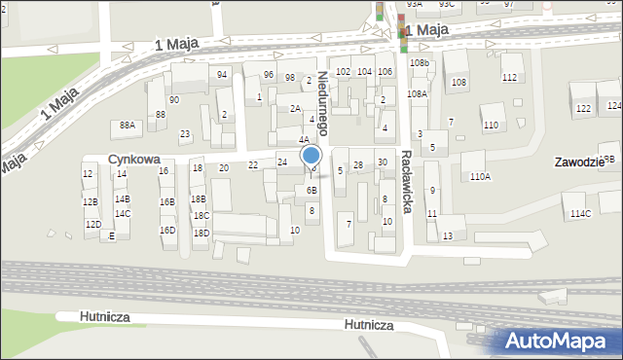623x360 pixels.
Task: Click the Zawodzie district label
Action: pyautogui.click(x=582, y=162)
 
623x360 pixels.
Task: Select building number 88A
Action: pyautogui.click(x=128, y=126)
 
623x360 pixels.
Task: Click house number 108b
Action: pyautogui.click(x=420, y=62)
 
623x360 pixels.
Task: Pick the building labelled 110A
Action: pyautogui.click(x=480, y=177)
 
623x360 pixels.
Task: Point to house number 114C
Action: pyautogui.click(x=580, y=213)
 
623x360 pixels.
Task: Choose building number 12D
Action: pyautogui.click(x=92, y=225)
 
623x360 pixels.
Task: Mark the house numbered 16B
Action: pyautogui.click(x=166, y=202)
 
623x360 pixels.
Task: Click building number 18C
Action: pyautogui.click(x=201, y=216)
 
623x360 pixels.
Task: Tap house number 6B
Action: pyautogui.click(x=311, y=191)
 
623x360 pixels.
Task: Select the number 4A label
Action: pyautogui.click(x=304, y=140)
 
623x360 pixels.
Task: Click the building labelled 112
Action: pyautogui.click(x=509, y=77)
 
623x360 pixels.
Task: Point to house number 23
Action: pyautogui.click(x=185, y=134)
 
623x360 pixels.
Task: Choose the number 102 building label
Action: pyautogui.click(x=342, y=72)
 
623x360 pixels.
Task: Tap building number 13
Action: pyautogui.click(x=447, y=236)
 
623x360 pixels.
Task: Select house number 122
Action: pyautogui.click(x=582, y=108)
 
